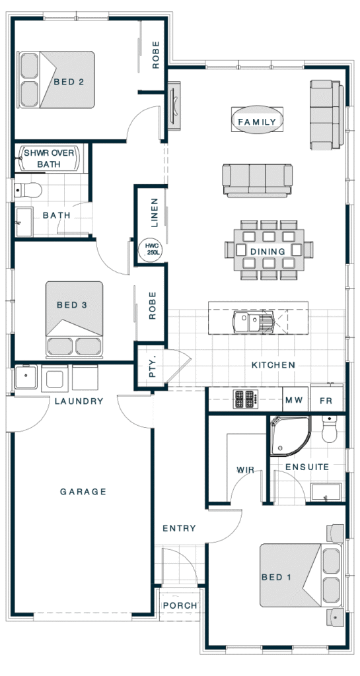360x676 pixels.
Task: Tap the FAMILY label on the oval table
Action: click(x=257, y=121)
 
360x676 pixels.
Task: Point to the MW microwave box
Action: click(x=295, y=401)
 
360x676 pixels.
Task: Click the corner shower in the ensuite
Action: click(x=289, y=436)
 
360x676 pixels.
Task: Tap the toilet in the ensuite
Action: click(x=330, y=428)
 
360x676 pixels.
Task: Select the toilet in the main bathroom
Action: click(x=27, y=189)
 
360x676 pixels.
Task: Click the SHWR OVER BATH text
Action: click(x=49, y=158)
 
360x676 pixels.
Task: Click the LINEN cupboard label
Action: click(x=155, y=212)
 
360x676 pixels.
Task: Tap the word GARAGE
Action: click(x=83, y=491)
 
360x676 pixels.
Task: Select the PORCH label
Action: click(x=180, y=605)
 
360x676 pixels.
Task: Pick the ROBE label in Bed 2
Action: click(x=156, y=55)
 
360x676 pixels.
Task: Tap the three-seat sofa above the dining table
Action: click(x=258, y=180)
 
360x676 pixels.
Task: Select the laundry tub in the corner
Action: click(x=26, y=377)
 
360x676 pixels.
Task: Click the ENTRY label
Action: click(x=179, y=528)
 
